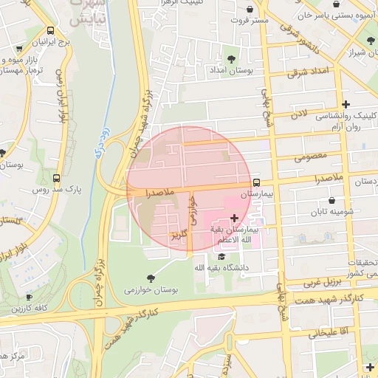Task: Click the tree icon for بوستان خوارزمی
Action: (x=151, y=278)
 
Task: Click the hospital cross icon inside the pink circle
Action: (x=235, y=218)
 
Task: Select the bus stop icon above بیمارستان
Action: (x=256, y=182)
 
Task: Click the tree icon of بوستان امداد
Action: (x=231, y=58)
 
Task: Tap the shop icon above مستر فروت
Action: (x=252, y=10)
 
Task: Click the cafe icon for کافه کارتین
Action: (x=29, y=296)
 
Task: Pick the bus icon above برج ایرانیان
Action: (x=49, y=31)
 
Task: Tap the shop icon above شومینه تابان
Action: (x=331, y=200)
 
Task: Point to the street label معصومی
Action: (x=310, y=157)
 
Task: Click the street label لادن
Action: (x=298, y=114)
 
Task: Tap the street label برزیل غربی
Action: (x=322, y=283)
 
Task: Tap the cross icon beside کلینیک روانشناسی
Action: (x=346, y=104)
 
